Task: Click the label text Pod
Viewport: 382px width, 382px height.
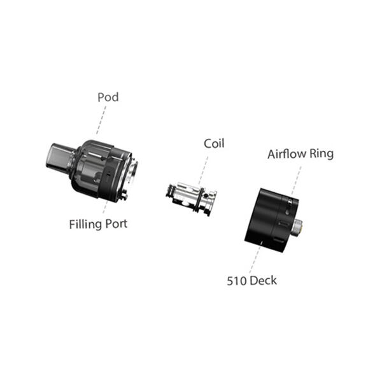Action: tap(108, 97)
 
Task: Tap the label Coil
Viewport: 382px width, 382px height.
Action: tap(214, 143)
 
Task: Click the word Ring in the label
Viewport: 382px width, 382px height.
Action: tap(322, 154)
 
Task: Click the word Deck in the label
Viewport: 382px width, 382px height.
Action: tap(263, 281)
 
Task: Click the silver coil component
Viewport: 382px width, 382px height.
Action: tap(191, 198)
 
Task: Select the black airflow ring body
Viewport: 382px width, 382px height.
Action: tap(271, 220)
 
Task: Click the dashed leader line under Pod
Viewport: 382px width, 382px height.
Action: tap(101, 120)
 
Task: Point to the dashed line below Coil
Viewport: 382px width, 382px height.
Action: tap(204, 170)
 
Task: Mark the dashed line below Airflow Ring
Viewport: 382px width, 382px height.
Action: tap(297, 180)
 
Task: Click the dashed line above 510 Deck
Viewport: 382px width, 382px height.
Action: tap(255, 260)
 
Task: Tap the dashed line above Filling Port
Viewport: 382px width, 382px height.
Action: tap(105, 207)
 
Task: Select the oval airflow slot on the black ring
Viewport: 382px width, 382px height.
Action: tap(285, 223)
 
